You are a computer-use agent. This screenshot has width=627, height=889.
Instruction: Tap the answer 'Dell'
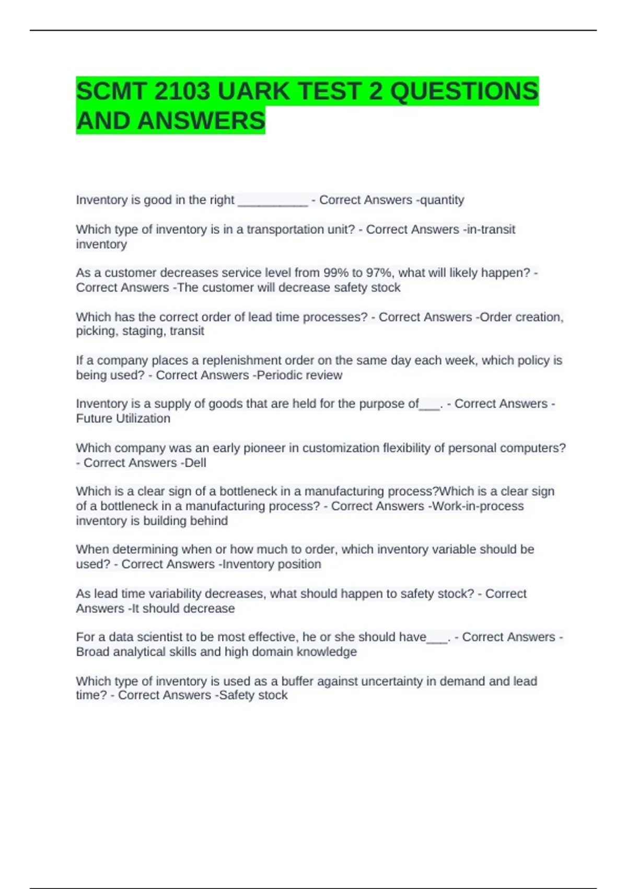[x=195, y=463]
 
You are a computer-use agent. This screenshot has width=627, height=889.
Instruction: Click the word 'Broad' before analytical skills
[x=92, y=652]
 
